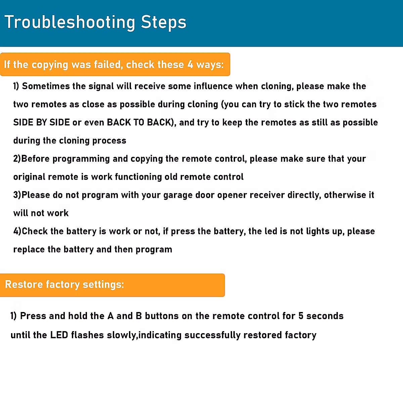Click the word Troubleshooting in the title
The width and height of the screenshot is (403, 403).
pyautogui.click(x=70, y=23)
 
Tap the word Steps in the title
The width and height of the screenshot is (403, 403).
pyautogui.click(x=164, y=23)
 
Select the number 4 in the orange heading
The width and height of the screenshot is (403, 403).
pyautogui.click(x=190, y=64)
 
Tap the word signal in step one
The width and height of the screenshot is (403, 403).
pyautogui.click(x=101, y=86)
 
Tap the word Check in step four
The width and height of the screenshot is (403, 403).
pyautogui.click(x=35, y=231)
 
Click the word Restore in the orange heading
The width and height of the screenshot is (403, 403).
pyautogui.click(x=24, y=284)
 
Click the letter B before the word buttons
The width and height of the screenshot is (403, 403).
pyautogui.click(x=139, y=316)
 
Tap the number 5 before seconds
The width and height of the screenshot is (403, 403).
pyautogui.click(x=301, y=316)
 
